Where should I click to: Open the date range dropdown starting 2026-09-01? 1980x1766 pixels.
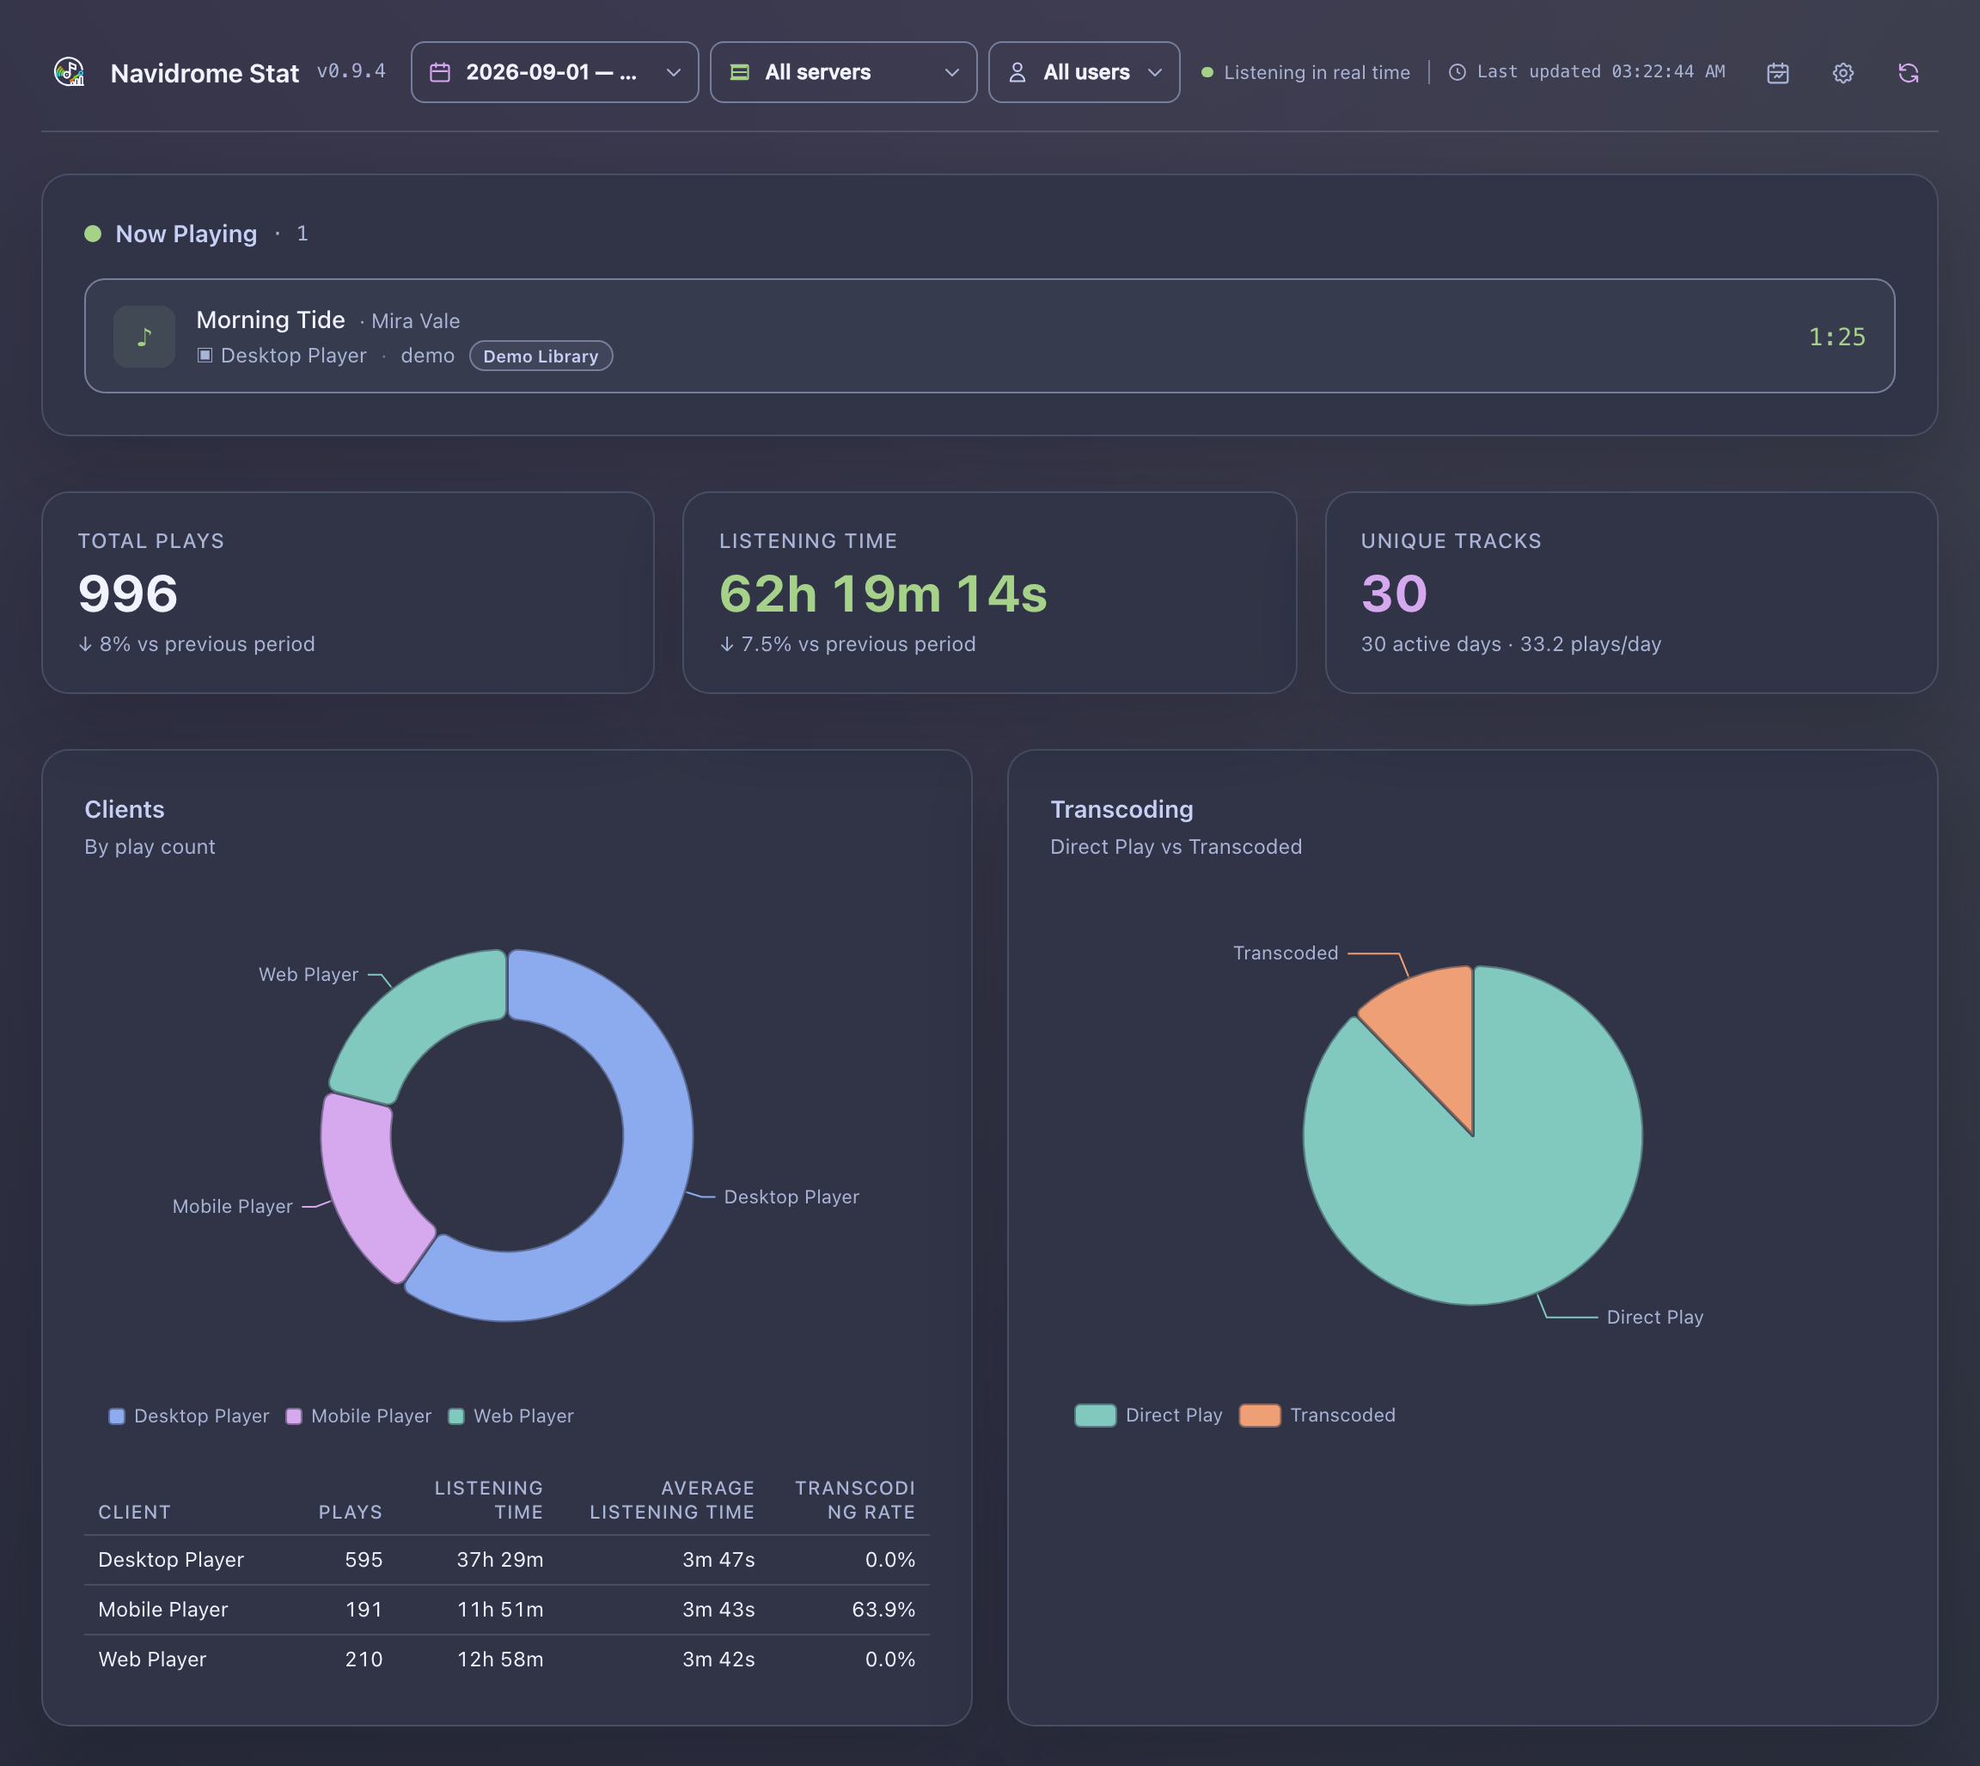click(x=554, y=72)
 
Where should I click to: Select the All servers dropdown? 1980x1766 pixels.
click(x=843, y=72)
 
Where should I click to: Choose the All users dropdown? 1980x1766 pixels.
click(x=1085, y=72)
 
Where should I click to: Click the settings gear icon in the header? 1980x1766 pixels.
click(x=1843, y=73)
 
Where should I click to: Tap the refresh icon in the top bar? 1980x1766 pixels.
click(x=1908, y=73)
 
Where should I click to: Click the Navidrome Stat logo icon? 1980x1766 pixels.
click(x=70, y=72)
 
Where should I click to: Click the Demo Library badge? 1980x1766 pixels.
click(x=541, y=356)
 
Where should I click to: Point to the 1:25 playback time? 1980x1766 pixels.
click(x=1836, y=337)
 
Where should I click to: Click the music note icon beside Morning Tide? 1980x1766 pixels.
click(x=144, y=337)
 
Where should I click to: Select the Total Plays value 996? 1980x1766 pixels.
click(x=128, y=594)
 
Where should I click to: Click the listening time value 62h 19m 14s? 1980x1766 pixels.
click(x=883, y=594)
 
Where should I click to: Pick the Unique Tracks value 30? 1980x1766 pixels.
click(x=1394, y=594)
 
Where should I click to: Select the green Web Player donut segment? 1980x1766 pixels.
click(x=412, y=1019)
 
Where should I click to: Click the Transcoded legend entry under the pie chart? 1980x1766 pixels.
click(x=1317, y=1415)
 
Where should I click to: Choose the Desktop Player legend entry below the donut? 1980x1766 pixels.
click(x=189, y=1416)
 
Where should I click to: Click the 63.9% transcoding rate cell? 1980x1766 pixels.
click(x=883, y=1609)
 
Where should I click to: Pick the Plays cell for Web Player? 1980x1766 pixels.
click(x=364, y=1659)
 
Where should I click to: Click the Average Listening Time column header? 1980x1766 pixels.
click(x=672, y=1500)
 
